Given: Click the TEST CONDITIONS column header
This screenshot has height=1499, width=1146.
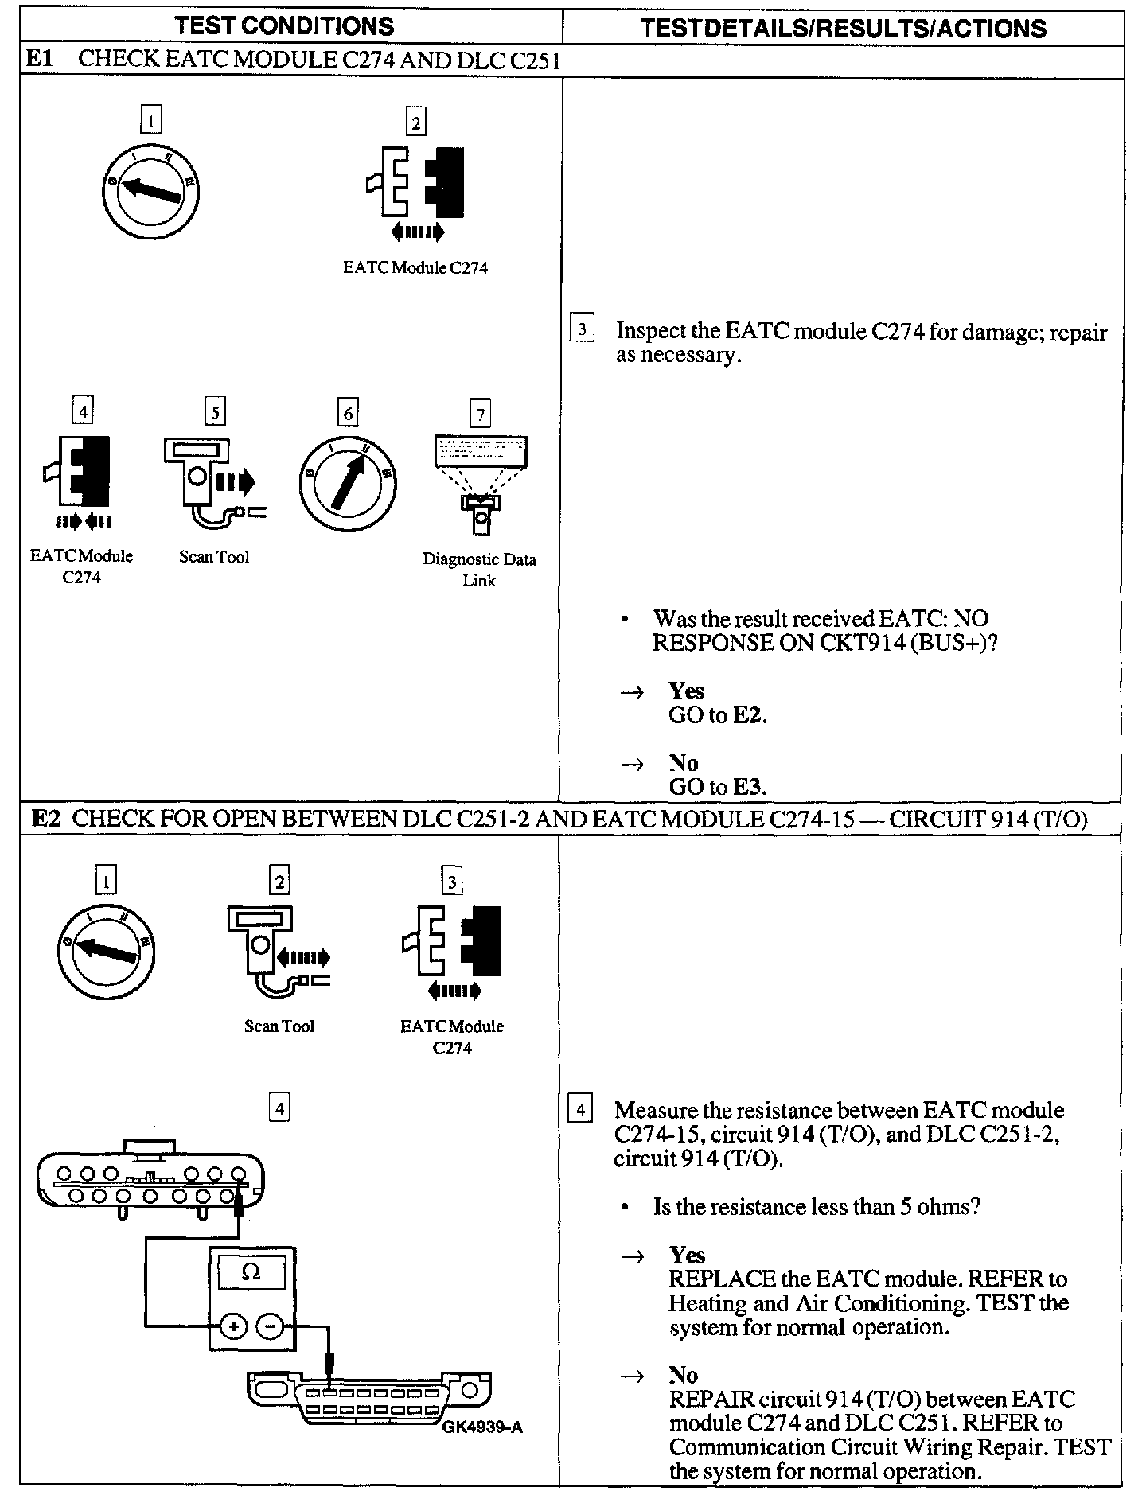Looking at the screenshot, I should coord(284,25).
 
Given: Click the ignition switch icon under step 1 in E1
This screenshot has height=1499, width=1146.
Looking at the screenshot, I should coord(150,190).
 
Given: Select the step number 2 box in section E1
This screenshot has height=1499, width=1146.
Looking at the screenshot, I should coord(415,123).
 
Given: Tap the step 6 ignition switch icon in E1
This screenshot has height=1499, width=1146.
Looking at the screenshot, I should coord(348,483).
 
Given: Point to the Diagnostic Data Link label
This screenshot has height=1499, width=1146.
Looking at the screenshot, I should coord(479,570).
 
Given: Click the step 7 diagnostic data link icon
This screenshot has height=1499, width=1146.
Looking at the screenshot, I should coord(480,482).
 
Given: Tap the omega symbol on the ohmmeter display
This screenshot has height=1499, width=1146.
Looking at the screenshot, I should coord(251,1273).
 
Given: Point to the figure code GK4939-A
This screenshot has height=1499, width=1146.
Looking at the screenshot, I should coord(482,1427).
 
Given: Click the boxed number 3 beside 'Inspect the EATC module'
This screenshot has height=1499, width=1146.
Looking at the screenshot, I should coord(583,329).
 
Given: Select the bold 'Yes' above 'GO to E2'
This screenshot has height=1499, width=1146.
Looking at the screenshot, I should coord(686,691).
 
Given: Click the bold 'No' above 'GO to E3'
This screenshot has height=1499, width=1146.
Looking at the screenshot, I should coord(683,763).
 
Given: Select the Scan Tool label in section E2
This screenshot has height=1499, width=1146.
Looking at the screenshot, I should coord(279,1026).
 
